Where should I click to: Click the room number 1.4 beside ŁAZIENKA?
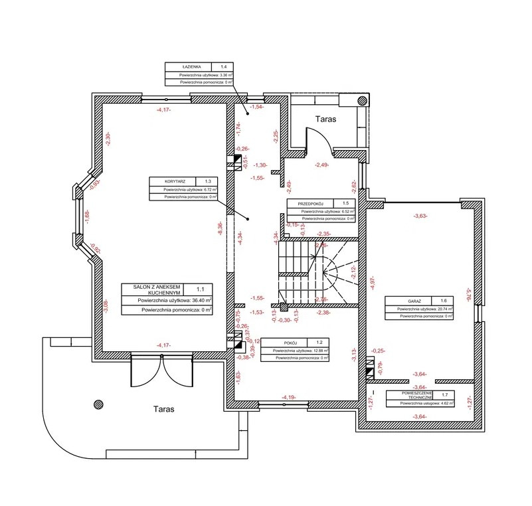pyautogui.click(x=224, y=67)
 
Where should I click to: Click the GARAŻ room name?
pyautogui.click(x=406, y=301)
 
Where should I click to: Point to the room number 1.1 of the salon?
pyautogui.click(x=201, y=289)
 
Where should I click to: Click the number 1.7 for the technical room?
pyautogui.click(x=444, y=394)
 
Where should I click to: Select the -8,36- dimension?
pyautogui.click(x=219, y=229)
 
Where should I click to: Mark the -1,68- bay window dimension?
pyautogui.click(x=87, y=216)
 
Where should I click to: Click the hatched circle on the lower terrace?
pyautogui.click(x=99, y=403)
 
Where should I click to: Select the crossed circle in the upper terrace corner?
pyautogui.click(x=362, y=100)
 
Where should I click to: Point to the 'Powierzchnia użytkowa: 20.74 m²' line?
pyautogui.click(x=424, y=309)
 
